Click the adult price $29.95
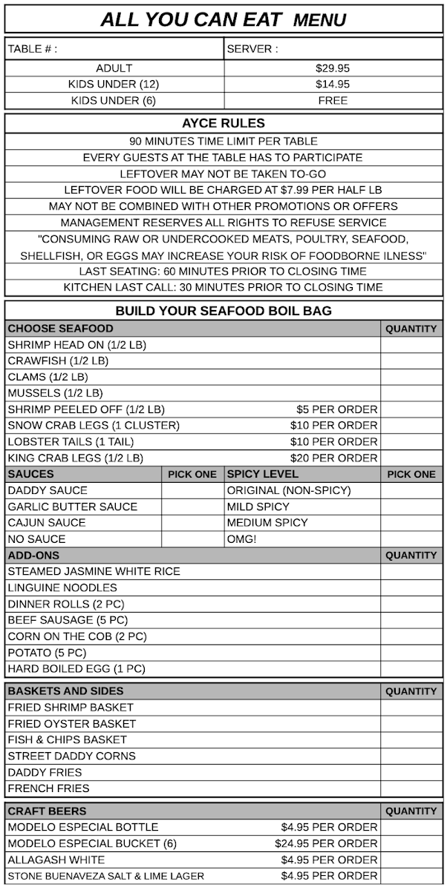332,68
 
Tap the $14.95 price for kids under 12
332,85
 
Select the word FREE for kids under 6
332,101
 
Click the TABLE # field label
32,50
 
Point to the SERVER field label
252,50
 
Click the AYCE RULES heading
223,124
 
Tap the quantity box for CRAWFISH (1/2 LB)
411,361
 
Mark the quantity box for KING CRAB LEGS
411,458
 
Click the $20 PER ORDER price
334,458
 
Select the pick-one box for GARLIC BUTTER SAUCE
192,507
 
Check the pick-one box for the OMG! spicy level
411,539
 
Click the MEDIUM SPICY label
267,523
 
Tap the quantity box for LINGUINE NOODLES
411,588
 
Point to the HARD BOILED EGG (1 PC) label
76,669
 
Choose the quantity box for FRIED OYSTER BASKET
411,724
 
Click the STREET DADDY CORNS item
72,756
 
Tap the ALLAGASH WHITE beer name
56,860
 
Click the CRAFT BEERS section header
47,811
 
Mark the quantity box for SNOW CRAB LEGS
411,426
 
